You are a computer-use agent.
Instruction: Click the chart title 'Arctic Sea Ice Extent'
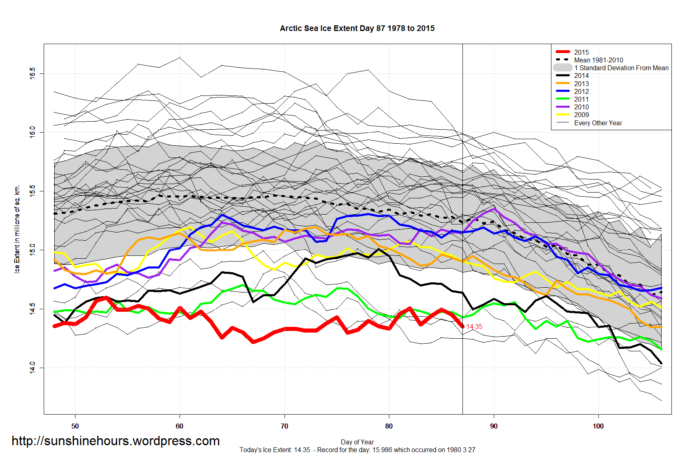click(x=357, y=29)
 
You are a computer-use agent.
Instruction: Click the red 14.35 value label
click(x=474, y=327)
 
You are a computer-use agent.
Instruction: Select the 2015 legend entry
click(x=581, y=52)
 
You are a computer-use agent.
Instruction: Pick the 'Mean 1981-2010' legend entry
click(x=598, y=60)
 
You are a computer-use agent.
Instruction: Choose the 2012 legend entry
click(x=581, y=91)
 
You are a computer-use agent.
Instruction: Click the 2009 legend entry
click(x=581, y=115)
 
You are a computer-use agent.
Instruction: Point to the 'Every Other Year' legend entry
click(x=598, y=123)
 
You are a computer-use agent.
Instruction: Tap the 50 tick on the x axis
click(x=75, y=426)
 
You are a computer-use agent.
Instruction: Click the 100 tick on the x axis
click(x=598, y=426)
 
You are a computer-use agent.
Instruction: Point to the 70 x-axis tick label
click(x=284, y=426)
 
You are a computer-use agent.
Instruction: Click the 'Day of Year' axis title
click(x=357, y=442)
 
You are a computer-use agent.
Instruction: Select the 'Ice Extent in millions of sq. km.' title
click(x=17, y=229)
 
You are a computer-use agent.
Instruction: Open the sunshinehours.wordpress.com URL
click(x=116, y=441)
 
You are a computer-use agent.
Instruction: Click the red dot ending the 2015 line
click(x=462, y=326)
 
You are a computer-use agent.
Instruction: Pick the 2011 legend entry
click(x=581, y=99)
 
